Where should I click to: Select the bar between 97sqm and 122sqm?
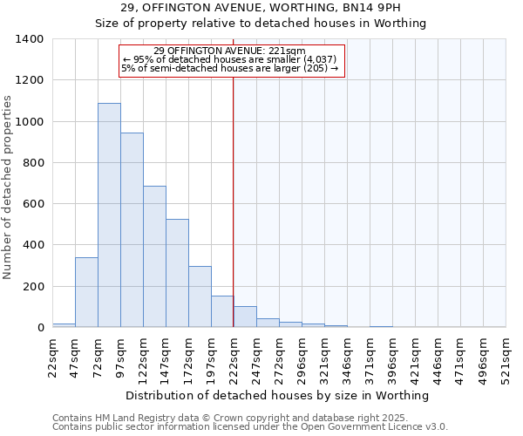click(x=132, y=230)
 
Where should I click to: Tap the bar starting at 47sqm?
click(x=86, y=292)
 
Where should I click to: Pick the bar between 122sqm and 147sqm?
click(x=154, y=256)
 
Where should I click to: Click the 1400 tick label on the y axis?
click(x=30, y=39)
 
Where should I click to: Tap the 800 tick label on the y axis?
click(x=33, y=163)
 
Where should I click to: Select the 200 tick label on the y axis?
click(x=33, y=287)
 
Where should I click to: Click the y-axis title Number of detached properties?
click(x=9, y=183)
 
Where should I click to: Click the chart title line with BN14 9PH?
click(x=261, y=8)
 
